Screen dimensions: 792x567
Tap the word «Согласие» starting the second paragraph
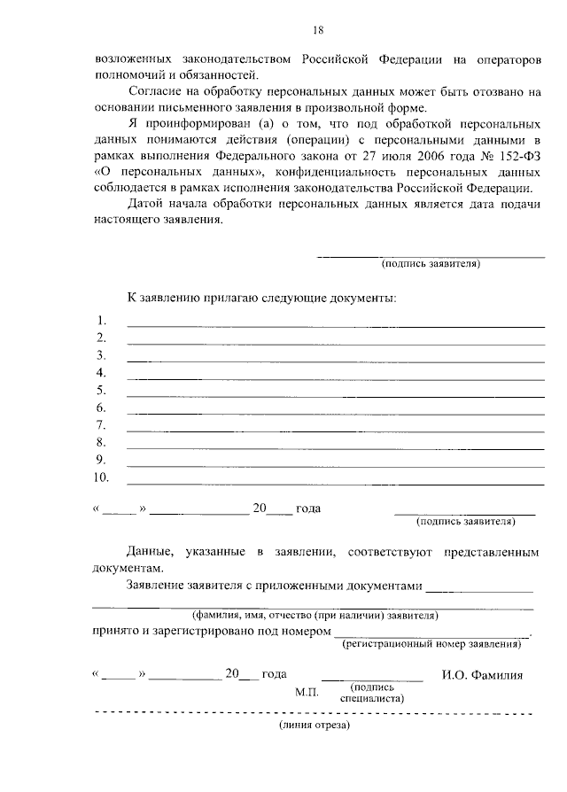pyautogui.click(x=154, y=91)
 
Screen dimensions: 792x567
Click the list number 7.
pyautogui.click(x=100, y=425)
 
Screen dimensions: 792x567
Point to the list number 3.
pyautogui.click(x=100, y=355)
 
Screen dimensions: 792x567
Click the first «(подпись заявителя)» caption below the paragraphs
pyautogui.click(x=431, y=264)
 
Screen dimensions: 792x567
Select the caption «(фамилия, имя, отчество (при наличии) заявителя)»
pyautogui.click(x=315, y=615)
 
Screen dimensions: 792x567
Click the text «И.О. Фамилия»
pyautogui.click(x=482, y=675)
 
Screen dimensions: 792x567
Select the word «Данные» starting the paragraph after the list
pyautogui.click(x=148, y=552)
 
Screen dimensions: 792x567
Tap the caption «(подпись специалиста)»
pyautogui.click(x=372, y=692)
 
